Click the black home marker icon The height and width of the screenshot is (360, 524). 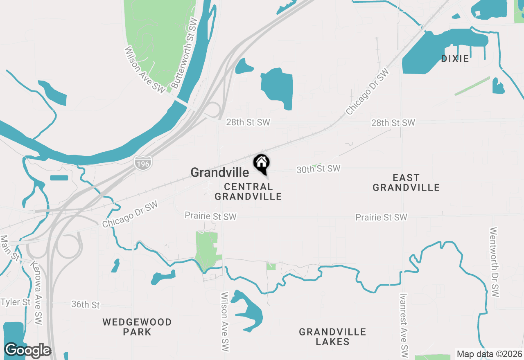tap(262, 164)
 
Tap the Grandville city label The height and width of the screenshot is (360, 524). tap(220, 173)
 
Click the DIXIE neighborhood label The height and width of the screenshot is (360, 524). tap(455, 59)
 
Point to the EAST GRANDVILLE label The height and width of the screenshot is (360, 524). tap(406, 182)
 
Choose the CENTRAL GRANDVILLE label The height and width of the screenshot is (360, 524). tap(248, 191)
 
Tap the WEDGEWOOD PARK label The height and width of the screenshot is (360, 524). tap(137, 327)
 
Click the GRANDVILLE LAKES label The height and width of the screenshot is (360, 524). tap(332, 337)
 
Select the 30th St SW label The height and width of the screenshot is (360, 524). tap(318, 169)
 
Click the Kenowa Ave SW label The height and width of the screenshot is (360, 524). tap(36, 294)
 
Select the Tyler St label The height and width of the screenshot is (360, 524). tap(16, 302)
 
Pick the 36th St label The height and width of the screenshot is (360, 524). tap(86, 305)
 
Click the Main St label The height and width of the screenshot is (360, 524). tap(10, 248)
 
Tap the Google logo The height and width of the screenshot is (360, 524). tap(27, 351)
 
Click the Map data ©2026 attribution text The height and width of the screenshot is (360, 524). tap(489, 354)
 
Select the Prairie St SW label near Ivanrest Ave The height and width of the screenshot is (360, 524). tap(381, 217)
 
